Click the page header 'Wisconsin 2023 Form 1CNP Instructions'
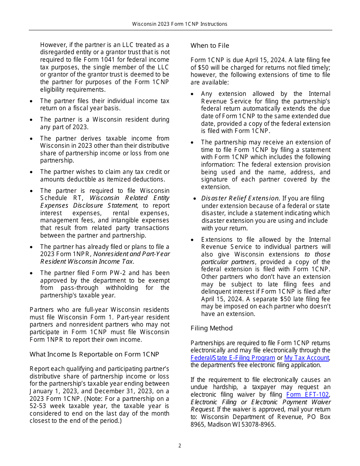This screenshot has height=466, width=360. [180, 24]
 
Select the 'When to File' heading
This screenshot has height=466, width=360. [210, 45]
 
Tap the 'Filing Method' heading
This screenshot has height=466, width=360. [211, 328]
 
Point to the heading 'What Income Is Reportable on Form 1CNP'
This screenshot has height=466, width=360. [94, 354]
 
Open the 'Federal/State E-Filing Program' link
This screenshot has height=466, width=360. [233, 358]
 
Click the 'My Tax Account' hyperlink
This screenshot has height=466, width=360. [307, 358]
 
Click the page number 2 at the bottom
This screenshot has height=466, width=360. [180, 446]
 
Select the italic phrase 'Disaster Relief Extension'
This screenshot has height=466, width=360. [240, 199]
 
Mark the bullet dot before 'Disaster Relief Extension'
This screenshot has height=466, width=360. [194, 199]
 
